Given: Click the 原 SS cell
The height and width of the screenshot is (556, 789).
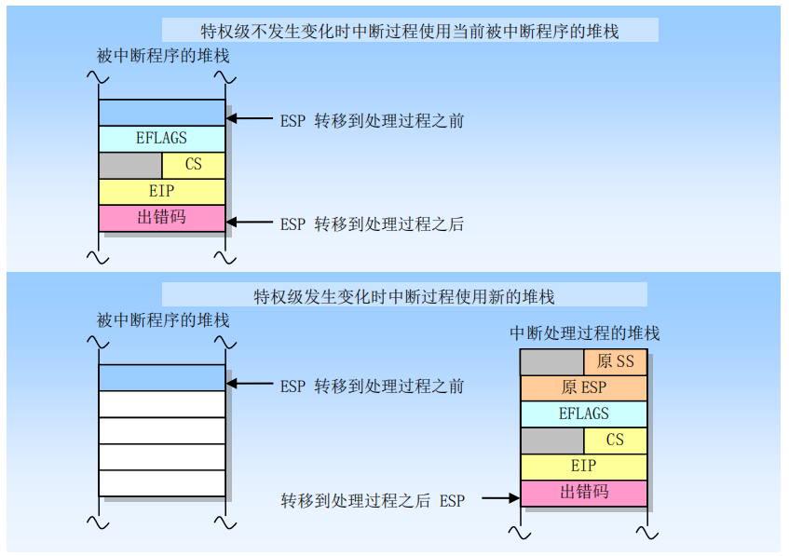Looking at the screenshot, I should (615, 361).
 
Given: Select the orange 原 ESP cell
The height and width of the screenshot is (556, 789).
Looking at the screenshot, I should (583, 387).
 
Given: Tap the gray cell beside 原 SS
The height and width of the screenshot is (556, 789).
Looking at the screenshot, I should (551, 361).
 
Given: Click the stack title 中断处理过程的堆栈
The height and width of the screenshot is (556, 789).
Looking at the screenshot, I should (585, 333).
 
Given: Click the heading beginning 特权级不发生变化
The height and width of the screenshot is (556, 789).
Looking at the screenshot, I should (410, 31).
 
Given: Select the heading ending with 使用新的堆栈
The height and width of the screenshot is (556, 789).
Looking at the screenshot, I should (404, 297).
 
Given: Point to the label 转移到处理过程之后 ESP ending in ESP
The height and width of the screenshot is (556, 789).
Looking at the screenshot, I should (373, 500).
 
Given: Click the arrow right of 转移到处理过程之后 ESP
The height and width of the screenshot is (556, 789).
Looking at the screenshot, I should (500, 499).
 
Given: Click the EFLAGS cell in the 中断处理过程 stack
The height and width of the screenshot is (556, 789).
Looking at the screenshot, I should (583, 414).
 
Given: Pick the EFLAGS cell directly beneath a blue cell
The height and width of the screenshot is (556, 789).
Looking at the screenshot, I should (162, 138).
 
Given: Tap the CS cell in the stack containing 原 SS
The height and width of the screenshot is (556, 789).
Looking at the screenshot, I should (615, 440).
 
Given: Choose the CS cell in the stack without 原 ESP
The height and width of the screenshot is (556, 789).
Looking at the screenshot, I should (193, 165).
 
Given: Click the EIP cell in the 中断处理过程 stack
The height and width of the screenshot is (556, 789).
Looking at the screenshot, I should (583, 466).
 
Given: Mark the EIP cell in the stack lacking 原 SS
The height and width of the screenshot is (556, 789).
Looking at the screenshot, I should (162, 191).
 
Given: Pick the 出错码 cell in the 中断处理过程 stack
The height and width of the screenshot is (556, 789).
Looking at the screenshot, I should (583, 492).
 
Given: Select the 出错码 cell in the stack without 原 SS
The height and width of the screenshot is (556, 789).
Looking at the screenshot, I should (162, 218).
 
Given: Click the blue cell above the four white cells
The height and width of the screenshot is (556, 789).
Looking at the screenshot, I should (162, 377).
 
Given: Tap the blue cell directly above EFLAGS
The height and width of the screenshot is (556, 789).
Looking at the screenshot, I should (162, 112).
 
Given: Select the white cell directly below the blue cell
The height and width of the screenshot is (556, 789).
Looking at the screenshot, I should (162, 403).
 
